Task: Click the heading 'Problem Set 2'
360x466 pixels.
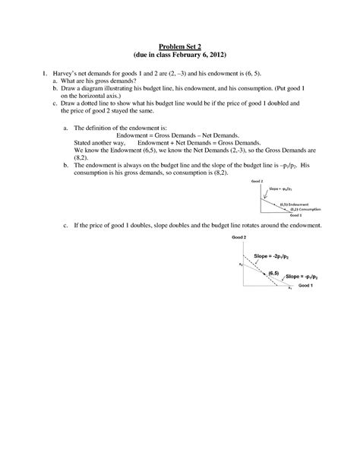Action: (180, 46)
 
